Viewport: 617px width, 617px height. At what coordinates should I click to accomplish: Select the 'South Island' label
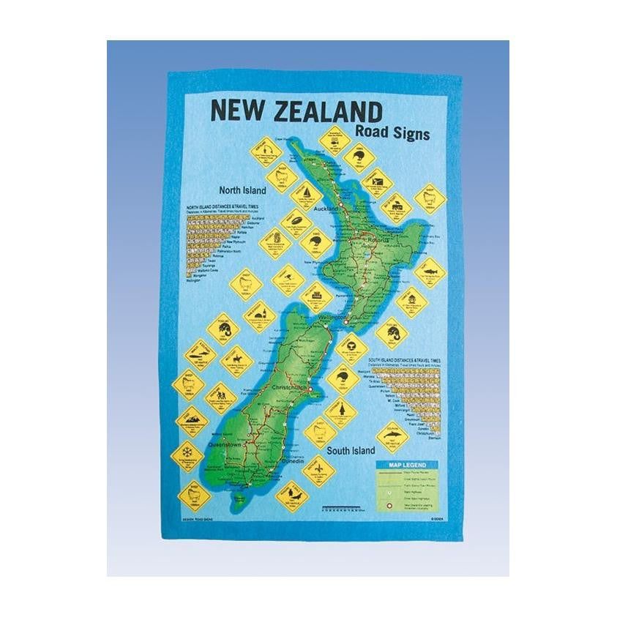(351, 449)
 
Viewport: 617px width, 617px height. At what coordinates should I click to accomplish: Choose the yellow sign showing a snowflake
(187, 449)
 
